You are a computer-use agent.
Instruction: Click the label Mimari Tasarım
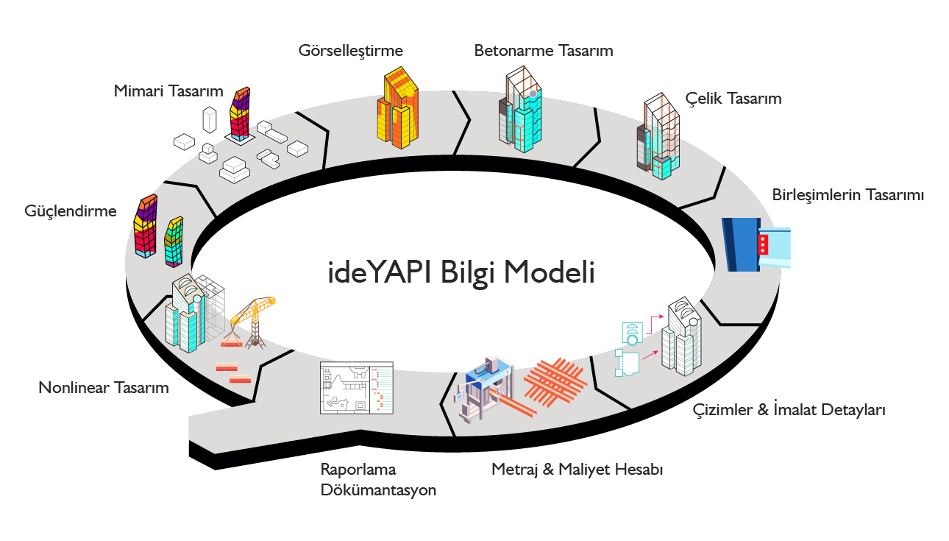168,91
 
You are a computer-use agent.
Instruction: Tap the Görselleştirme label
351,51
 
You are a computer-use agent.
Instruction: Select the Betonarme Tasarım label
544,51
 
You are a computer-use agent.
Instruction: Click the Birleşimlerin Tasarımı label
847,195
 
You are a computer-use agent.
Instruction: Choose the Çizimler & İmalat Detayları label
789,410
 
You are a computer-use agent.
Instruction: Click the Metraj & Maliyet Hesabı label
577,469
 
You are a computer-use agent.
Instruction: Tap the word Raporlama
358,469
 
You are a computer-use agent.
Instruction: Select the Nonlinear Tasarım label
104,387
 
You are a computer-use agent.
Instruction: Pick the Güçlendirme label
71,211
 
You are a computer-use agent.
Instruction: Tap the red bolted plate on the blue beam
764,244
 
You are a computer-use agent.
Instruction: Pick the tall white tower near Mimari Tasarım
210,122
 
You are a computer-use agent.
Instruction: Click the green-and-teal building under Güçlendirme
174,241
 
